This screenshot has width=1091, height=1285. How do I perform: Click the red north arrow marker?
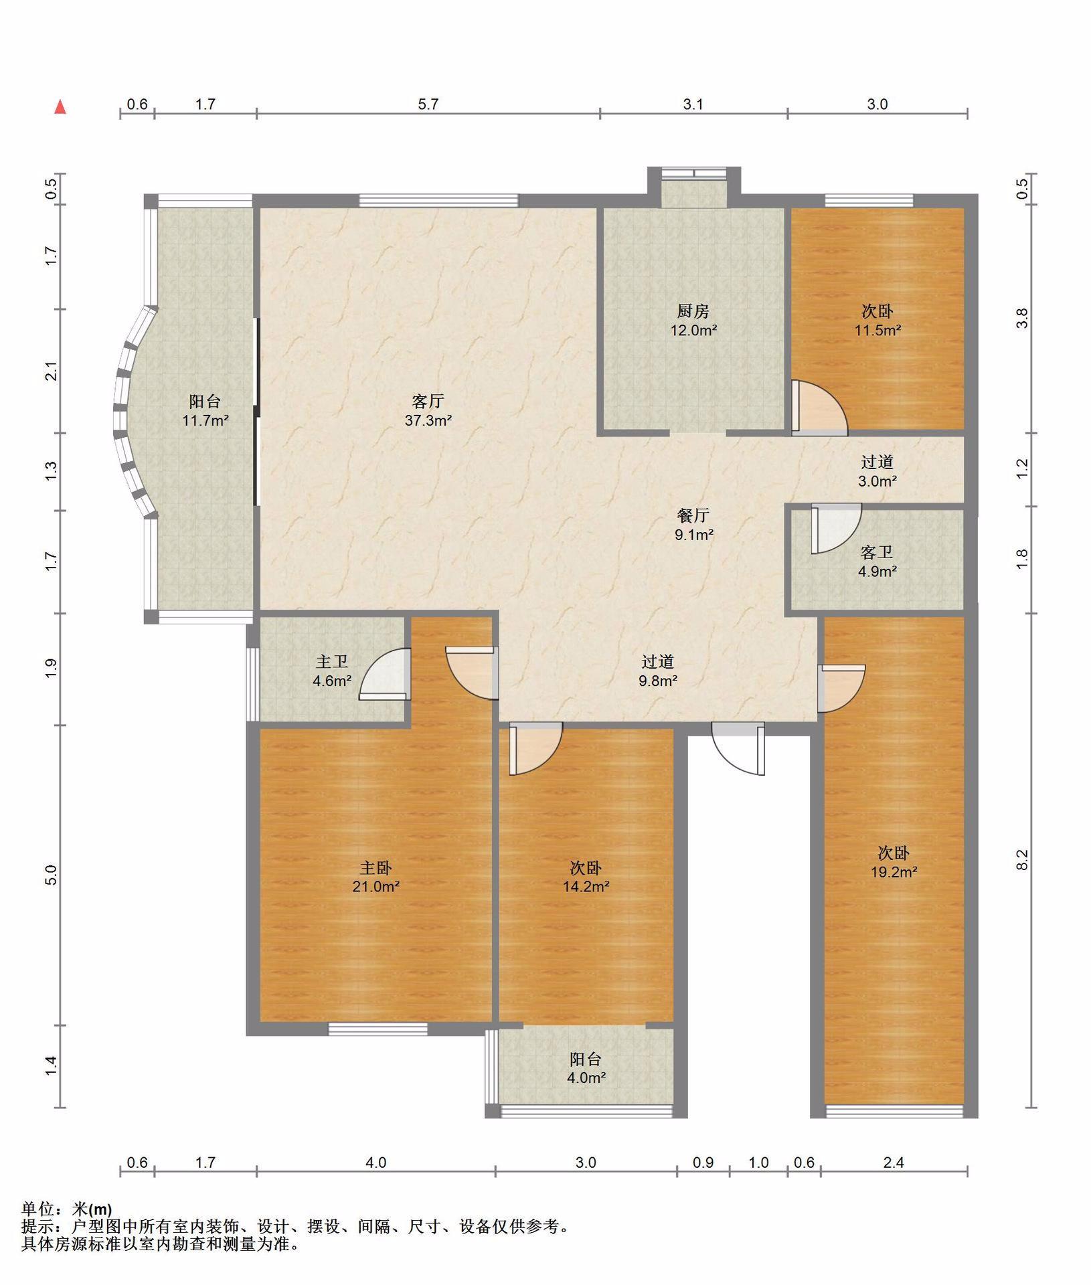[60, 106]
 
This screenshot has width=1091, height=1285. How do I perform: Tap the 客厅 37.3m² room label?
[428, 411]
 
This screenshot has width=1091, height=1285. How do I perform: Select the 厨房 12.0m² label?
[693, 320]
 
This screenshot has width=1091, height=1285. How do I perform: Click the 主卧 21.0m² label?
[375, 877]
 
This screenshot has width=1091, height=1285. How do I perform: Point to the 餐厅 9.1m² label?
[693, 525]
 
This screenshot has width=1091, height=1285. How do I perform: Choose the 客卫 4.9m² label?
[877, 562]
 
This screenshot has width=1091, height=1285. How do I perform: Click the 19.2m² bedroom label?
[894, 862]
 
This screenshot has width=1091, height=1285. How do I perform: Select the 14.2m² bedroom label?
[586, 877]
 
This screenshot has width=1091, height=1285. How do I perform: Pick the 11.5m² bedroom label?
[877, 320]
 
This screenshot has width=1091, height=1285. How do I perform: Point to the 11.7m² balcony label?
[205, 411]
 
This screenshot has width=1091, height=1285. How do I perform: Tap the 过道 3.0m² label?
[877, 471]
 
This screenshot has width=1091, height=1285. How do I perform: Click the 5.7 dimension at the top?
[428, 104]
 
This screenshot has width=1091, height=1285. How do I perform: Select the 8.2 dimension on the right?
[1021, 859]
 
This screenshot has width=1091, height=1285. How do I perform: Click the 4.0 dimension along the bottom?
[375, 1163]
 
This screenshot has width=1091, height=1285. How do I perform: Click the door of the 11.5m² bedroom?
[819, 408]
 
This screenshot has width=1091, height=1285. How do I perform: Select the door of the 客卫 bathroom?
[836, 529]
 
